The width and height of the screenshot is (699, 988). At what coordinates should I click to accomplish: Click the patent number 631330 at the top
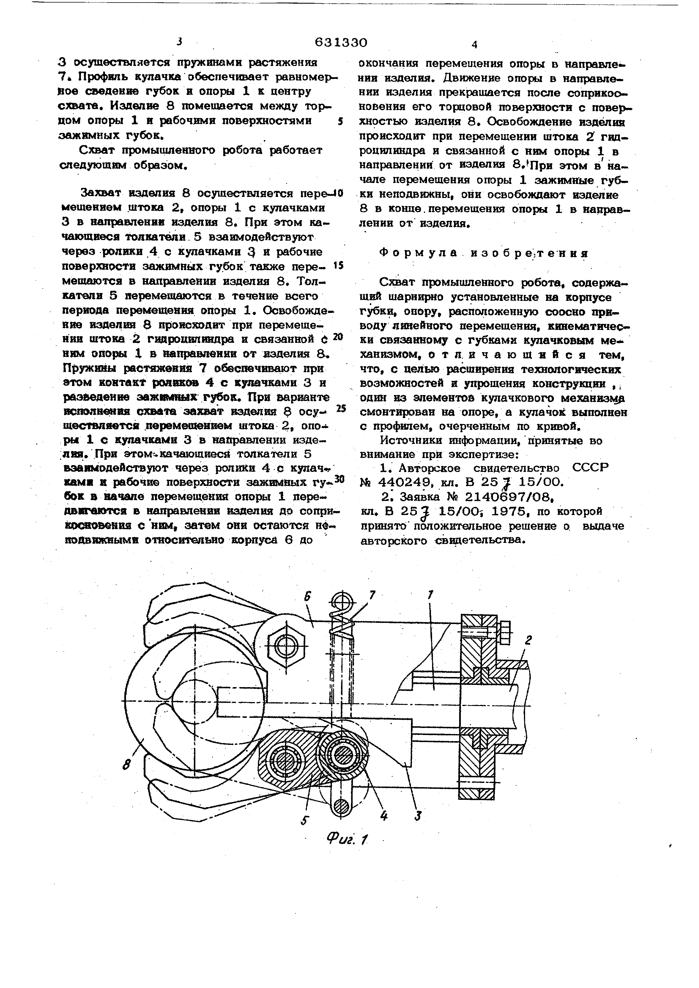coord(341,43)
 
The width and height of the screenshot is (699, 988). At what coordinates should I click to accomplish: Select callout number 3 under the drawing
coord(417,815)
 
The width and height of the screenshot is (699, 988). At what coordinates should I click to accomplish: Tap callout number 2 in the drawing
coord(528,641)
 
